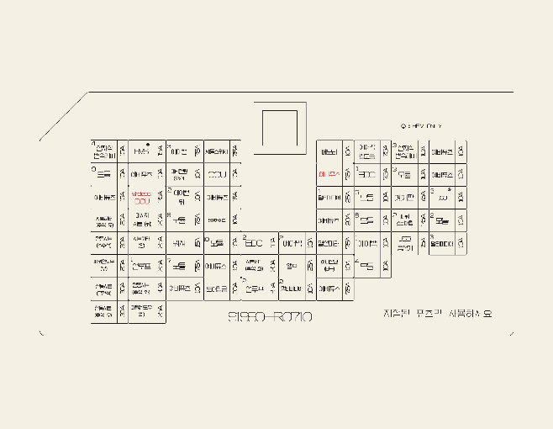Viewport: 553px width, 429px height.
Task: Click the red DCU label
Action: point(141,199)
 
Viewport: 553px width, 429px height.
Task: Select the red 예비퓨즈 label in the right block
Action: point(329,175)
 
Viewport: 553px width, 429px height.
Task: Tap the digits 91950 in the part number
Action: point(247,317)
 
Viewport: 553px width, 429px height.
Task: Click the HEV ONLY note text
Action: point(424,126)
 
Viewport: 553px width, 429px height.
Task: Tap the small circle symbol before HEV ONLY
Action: point(403,126)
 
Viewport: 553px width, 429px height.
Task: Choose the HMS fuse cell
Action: point(140,152)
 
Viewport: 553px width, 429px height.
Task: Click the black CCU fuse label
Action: point(217,175)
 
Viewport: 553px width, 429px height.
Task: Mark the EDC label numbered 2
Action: point(253,244)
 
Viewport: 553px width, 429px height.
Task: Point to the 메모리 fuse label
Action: point(329,152)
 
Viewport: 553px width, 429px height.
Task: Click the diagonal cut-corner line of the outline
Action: point(63,117)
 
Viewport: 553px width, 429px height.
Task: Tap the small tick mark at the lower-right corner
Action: point(512,333)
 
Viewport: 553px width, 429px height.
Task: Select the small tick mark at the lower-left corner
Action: point(41,333)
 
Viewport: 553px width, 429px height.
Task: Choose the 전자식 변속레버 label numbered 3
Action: point(404,151)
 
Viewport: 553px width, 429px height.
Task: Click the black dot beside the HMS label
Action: point(148,145)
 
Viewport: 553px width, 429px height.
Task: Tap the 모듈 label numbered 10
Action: point(217,244)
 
